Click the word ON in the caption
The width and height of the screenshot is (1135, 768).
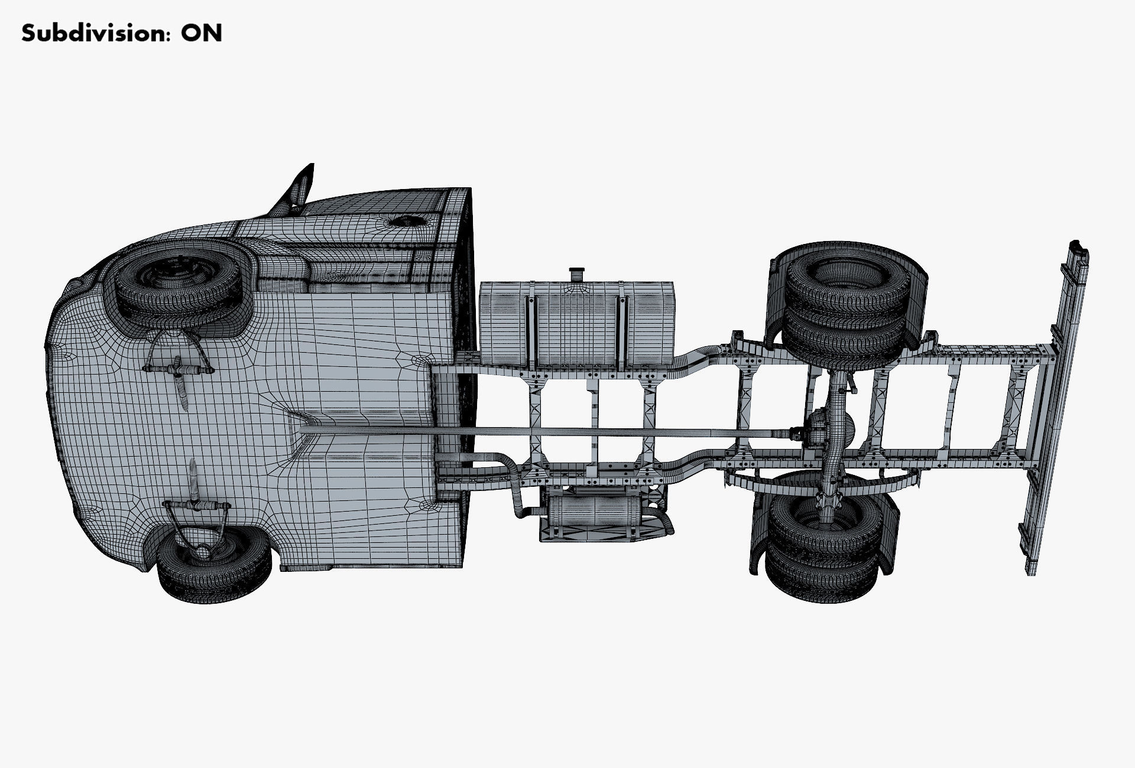pyautogui.click(x=202, y=33)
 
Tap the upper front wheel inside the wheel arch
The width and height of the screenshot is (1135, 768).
pyautogui.click(x=177, y=287)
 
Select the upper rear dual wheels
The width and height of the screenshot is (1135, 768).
pyautogui.click(x=845, y=307)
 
